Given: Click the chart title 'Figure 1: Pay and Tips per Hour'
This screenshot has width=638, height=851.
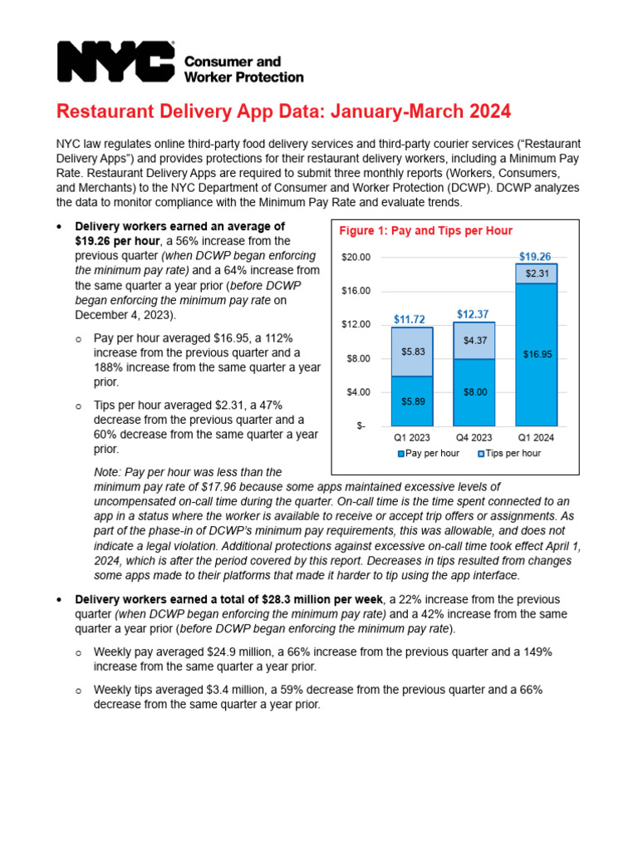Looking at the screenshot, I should [426, 231].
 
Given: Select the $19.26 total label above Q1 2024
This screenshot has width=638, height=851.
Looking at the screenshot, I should [536, 257].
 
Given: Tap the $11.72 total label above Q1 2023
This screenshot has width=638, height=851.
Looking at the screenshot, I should [410, 318].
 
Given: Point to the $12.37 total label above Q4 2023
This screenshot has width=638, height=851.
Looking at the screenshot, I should [474, 313].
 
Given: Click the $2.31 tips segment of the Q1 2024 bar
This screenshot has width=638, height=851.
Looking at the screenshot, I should [536, 273].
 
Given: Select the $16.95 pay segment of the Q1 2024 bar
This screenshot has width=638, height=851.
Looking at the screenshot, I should [536, 354].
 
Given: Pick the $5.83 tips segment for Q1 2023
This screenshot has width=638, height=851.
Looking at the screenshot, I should [412, 352].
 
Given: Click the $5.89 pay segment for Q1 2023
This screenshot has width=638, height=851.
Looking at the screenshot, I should [412, 401].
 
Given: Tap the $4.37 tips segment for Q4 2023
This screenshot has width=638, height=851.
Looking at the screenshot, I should [474, 341].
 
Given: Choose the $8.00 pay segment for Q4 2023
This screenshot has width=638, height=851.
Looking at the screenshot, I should [474, 392].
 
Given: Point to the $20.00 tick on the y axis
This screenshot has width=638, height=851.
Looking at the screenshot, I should [356, 258].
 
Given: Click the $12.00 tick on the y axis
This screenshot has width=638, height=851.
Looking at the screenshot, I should [356, 325].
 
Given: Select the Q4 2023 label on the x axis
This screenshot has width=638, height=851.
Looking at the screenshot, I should [474, 437].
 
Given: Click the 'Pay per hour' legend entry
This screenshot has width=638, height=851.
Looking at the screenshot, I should [429, 454].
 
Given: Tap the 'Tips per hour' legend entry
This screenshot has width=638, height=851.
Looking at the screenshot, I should [509, 454].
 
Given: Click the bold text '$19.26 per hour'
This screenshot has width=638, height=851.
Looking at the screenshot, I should [117, 240].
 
